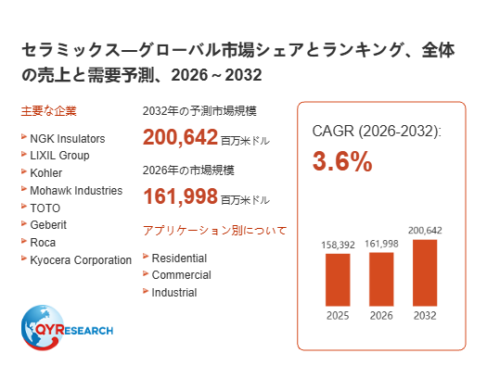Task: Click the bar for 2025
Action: tap(338, 280)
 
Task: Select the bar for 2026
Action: tap(381, 279)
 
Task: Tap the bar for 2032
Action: tap(425, 273)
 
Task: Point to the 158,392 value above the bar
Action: tap(338, 245)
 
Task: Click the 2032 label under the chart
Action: tap(425, 316)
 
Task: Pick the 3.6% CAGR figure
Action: tap(342, 161)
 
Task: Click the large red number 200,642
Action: tap(180, 137)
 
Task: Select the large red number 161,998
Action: tap(180, 196)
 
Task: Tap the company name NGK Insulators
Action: tap(68, 139)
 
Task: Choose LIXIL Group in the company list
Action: tap(59, 156)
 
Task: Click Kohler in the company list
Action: tap(46, 173)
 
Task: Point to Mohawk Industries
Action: tap(76, 191)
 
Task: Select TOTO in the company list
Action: tap(45, 208)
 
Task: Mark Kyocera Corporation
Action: tap(81, 260)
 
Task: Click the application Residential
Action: tap(179, 259)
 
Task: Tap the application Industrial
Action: tap(174, 293)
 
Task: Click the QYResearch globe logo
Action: tap(43, 327)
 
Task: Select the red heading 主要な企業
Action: tap(49, 111)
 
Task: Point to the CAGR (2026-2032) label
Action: tap(377, 132)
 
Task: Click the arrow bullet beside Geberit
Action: tap(24, 223)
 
